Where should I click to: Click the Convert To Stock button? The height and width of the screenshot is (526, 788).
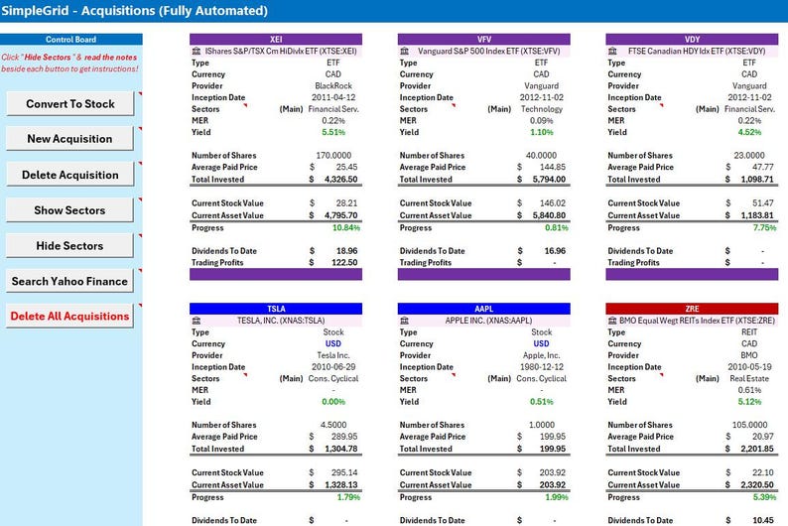69,103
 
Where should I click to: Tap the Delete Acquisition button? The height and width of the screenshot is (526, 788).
69,175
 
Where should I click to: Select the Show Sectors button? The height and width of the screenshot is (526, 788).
69,210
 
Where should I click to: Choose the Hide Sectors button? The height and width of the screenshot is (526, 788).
69,245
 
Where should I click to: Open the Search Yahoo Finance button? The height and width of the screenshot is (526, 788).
69,281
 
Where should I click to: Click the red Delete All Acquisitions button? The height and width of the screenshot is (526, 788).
69,317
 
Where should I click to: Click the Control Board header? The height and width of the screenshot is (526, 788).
69,40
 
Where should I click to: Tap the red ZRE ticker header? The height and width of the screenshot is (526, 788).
693,308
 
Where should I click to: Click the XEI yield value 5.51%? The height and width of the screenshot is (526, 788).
332,132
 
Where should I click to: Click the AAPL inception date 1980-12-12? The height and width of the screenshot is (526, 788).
541,367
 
